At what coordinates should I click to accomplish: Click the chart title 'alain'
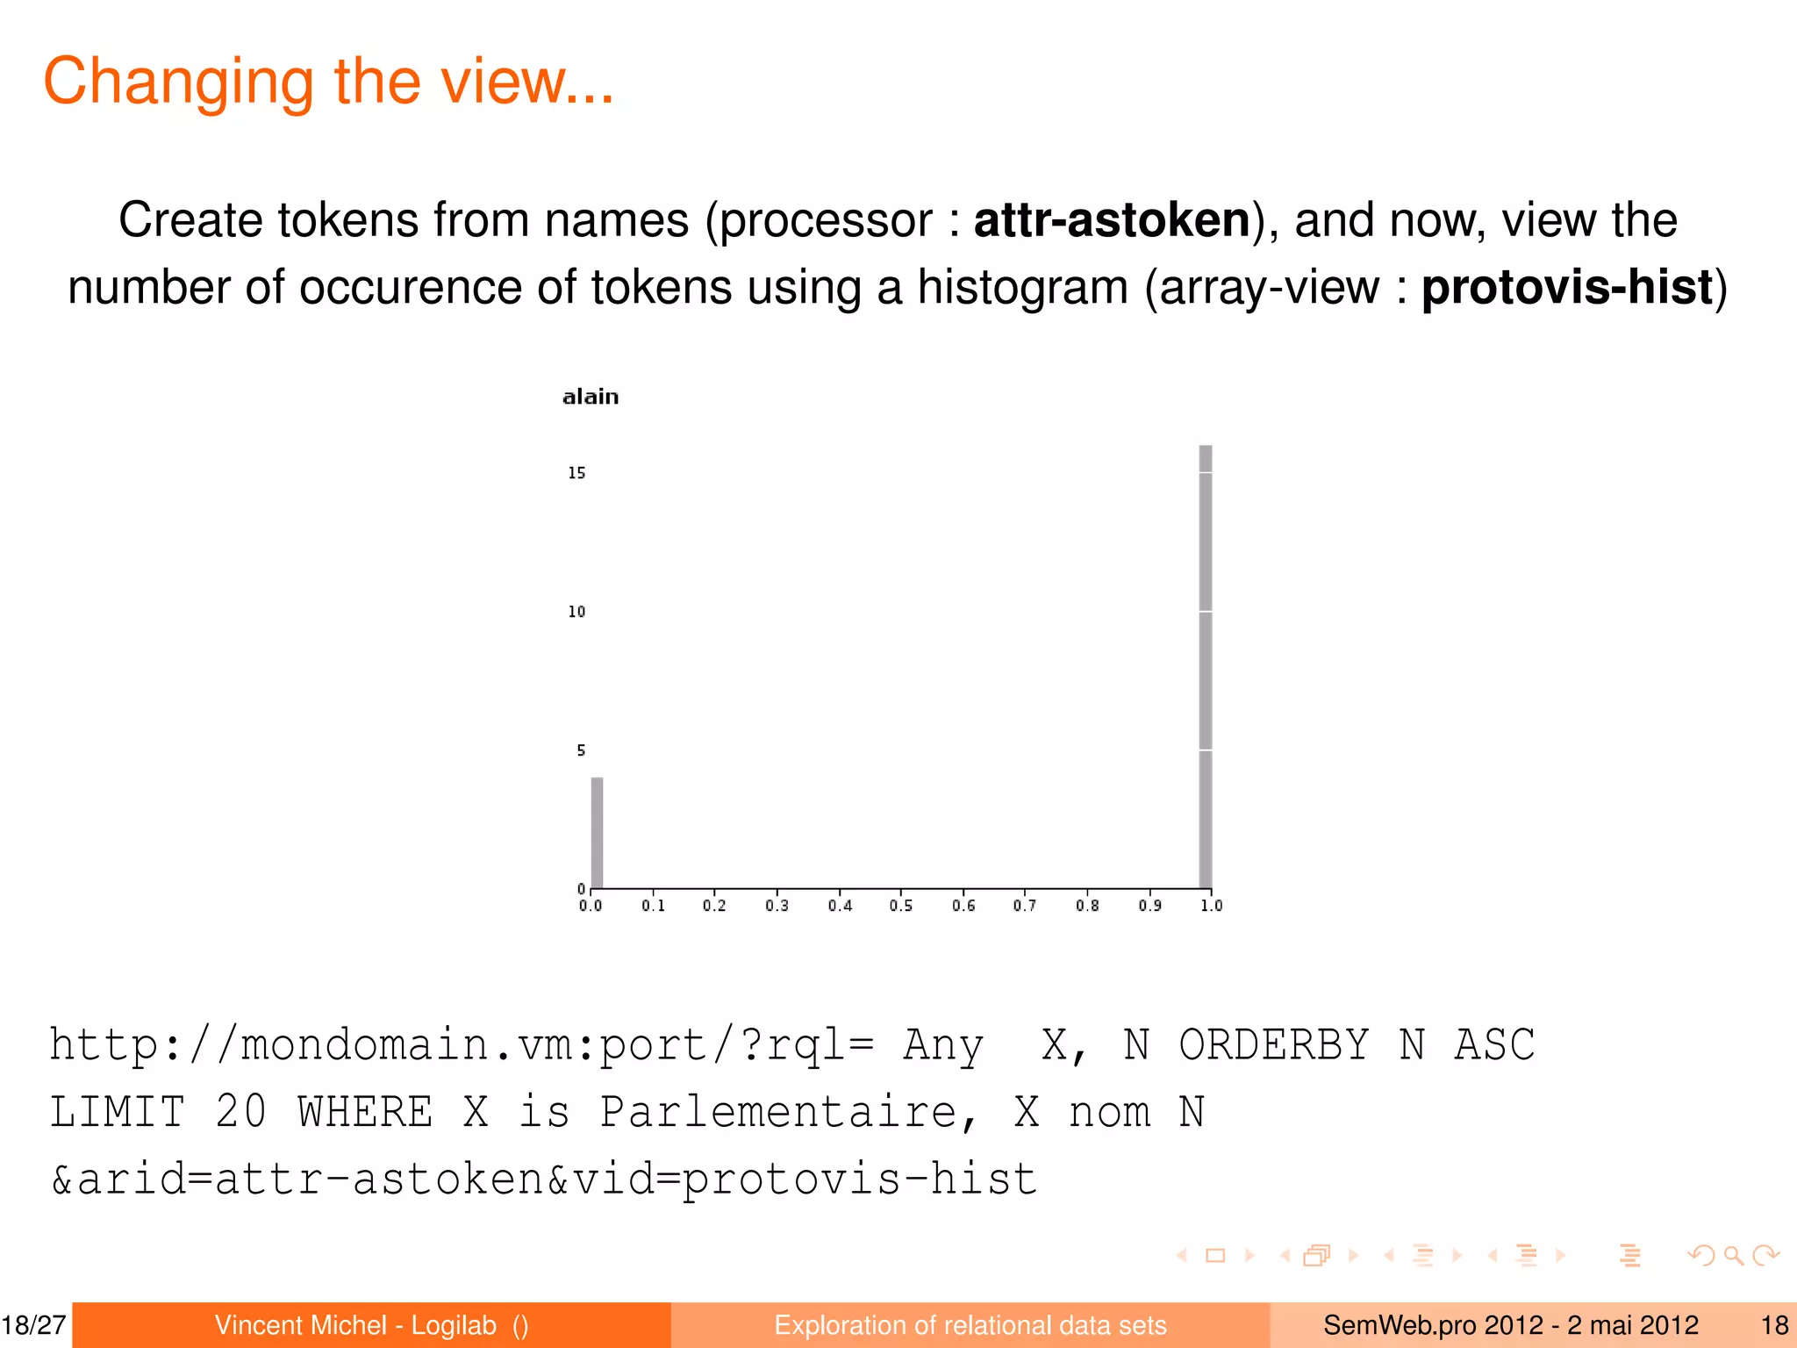(x=591, y=397)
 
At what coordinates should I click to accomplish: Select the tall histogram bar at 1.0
(x=1206, y=667)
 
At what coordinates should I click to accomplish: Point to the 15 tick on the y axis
(x=576, y=473)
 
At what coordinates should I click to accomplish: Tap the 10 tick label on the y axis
(x=576, y=612)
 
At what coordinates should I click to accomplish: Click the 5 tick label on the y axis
(x=581, y=750)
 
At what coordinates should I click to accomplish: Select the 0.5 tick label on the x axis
(x=901, y=906)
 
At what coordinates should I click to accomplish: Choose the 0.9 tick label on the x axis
(x=1149, y=906)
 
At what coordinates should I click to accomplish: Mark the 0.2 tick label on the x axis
(x=714, y=906)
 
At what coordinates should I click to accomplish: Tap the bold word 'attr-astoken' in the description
(x=1112, y=219)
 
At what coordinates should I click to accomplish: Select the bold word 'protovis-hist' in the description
(x=1567, y=287)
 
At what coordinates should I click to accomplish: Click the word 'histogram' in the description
(x=1022, y=287)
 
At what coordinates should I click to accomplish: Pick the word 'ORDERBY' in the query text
(x=1273, y=1045)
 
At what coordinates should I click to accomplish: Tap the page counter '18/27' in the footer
(x=34, y=1325)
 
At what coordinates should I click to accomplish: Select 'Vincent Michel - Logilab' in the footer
(x=355, y=1325)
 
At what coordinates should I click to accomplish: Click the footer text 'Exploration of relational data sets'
(x=970, y=1325)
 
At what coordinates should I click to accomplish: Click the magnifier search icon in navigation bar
(x=1733, y=1256)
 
